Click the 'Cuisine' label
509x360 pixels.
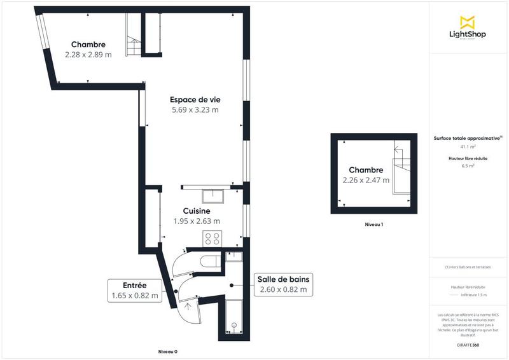pos(197,211)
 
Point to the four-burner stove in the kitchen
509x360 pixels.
pos(213,239)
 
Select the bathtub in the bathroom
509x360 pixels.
pos(235,317)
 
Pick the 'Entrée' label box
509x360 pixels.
pos(134,290)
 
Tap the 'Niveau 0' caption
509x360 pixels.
pos(168,352)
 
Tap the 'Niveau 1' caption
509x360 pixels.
pos(373,225)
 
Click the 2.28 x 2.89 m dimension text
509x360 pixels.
pos(88,55)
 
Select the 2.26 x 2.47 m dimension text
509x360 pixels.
pos(365,181)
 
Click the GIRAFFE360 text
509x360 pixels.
pos(468,344)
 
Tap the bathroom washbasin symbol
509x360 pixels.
pos(234,256)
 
